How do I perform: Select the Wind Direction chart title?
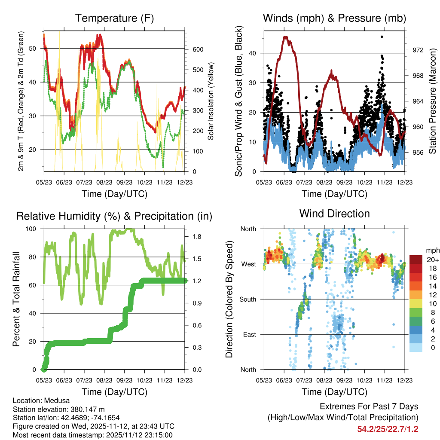[x=334, y=213]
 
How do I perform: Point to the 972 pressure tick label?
[x=418, y=50]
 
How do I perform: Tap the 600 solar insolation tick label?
[x=197, y=50]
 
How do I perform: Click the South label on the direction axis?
[x=247, y=299]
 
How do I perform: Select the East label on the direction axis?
[x=250, y=334]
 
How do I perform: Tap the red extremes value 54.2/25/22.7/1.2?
[x=388, y=429]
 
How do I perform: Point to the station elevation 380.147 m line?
[x=59, y=409]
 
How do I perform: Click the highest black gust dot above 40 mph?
[x=382, y=37]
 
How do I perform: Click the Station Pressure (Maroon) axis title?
[x=432, y=101]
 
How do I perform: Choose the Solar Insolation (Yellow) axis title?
[x=211, y=101]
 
